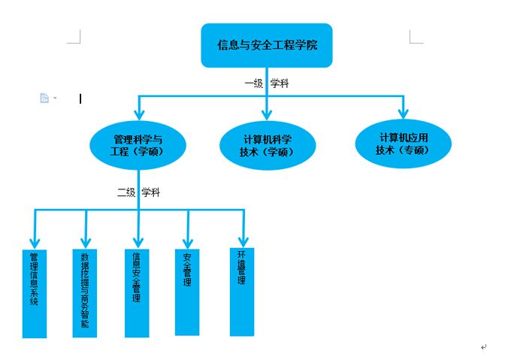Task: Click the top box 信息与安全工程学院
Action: pos(267,45)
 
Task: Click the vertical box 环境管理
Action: pos(241,290)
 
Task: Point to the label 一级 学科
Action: pos(266,84)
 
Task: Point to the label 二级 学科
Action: pos(138,192)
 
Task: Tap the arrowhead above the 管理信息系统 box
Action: pos(34,242)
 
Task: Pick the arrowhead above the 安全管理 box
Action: pos(187,242)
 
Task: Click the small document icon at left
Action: pos(44,98)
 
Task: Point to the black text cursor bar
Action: pos(80,98)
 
